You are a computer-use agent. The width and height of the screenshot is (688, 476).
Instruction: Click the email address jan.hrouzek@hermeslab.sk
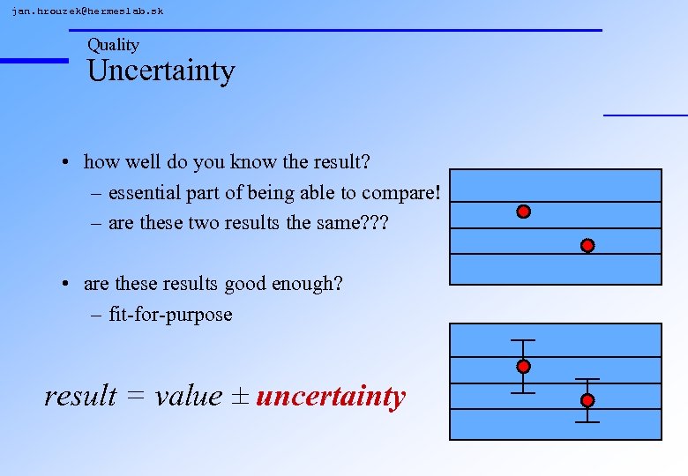(87, 11)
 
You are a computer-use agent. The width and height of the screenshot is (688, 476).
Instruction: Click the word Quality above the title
(113, 45)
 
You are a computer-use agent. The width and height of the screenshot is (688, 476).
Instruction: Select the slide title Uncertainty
(161, 71)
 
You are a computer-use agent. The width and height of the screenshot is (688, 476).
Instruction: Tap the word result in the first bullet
(338, 162)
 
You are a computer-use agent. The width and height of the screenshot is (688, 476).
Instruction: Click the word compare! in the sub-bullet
(401, 193)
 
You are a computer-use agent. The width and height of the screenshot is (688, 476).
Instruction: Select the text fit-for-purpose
(170, 315)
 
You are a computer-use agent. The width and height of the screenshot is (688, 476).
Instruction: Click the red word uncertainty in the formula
(331, 397)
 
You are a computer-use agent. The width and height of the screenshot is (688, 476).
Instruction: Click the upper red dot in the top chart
(523, 212)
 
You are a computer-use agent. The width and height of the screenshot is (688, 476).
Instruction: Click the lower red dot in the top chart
(587, 245)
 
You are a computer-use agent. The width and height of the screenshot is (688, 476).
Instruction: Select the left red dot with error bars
(523, 366)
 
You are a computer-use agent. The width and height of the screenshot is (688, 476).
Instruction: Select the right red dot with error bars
(587, 400)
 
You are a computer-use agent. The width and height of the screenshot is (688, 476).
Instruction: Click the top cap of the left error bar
(523, 340)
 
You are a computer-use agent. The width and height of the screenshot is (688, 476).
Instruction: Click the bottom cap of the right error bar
(587, 422)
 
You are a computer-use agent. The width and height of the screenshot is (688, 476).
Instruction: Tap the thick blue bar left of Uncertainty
(34, 60)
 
